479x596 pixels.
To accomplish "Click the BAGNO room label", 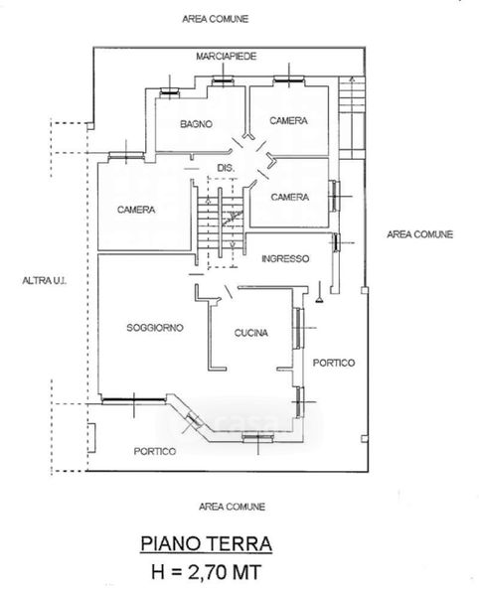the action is [196, 124].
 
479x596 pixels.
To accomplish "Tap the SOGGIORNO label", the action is [155, 327].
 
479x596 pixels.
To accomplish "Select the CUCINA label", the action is [250, 333].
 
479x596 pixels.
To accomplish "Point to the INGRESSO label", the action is [285, 259].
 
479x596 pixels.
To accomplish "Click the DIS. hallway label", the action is [226, 168].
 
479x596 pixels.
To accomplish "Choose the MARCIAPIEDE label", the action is [227, 57].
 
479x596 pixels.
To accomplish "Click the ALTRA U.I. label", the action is [45, 280].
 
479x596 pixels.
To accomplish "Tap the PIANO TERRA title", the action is [206, 543].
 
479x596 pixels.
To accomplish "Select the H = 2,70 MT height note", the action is [207, 572].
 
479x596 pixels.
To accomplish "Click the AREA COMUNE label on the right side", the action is [420, 234].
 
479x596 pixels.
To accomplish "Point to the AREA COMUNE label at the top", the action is [216, 19].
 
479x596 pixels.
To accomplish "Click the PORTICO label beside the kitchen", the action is [334, 363].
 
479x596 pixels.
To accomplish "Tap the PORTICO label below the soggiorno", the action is [155, 451].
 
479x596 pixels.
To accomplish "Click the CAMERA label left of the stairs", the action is [136, 210].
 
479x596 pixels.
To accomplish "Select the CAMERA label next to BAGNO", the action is [288, 120].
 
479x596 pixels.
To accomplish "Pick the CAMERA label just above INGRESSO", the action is [289, 197].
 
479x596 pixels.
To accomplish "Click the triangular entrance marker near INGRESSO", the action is [320, 299].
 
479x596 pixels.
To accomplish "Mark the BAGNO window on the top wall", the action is [170, 91].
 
